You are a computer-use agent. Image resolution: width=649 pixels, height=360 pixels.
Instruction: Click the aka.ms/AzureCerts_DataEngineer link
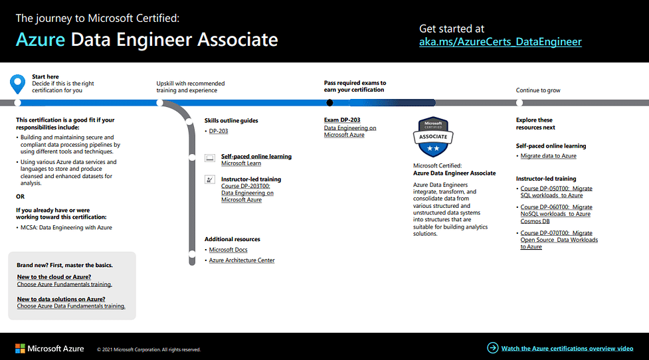coord(500,42)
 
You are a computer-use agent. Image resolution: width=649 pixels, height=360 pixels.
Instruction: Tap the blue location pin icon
coord(17,84)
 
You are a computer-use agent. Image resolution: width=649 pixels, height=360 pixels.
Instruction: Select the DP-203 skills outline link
coord(219,131)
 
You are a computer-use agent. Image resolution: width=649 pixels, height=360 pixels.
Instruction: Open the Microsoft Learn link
coord(241,163)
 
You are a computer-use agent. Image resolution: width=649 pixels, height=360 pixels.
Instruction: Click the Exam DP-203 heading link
coord(342,120)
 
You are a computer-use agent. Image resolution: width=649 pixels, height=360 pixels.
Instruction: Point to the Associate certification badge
coord(433,137)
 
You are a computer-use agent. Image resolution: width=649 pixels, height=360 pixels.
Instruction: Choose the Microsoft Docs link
coord(228,250)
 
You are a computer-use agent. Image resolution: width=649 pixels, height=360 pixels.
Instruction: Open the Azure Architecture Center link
coord(242,260)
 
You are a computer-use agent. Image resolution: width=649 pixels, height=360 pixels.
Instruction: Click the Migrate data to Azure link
coord(548,156)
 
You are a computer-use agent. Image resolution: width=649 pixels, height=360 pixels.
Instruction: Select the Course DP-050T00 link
coord(556,192)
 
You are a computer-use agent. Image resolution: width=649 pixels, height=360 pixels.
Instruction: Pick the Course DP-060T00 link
coord(556,214)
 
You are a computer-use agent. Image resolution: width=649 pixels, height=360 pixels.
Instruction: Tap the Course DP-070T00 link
coord(559,240)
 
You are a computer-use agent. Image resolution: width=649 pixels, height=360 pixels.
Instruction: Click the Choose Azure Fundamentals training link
coord(64,284)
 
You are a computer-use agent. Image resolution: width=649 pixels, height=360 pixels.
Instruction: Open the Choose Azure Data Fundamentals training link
coord(71,306)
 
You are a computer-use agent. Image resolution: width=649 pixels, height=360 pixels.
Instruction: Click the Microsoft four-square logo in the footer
coord(20,349)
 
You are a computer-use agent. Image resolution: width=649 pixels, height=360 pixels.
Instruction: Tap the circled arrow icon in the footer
coord(492,348)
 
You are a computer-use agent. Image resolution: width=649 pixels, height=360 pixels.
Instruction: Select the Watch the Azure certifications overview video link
coord(567,349)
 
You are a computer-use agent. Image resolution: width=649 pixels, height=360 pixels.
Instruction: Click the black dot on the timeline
coord(329,103)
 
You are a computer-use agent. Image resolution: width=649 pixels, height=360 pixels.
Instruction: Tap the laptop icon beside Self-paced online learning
coord(210,157)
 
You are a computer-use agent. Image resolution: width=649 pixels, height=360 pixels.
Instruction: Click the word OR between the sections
coord(21,197)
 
